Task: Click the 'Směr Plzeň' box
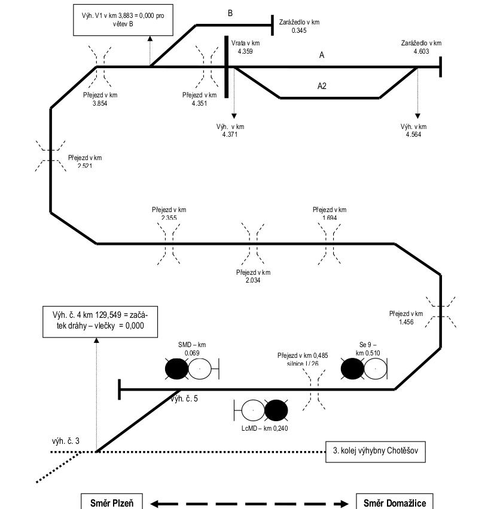click(x=112, y=502)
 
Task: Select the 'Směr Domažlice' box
click(x=395, y=502)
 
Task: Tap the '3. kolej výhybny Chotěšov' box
click(x=376, y=452)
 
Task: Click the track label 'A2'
click(x=322, y=86)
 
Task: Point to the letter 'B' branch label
click(x=230, y=13)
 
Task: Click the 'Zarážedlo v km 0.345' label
click(x=299, y=26)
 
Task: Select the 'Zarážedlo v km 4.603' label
click(x=421, y=47)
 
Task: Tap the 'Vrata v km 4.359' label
click(x=245, y=47)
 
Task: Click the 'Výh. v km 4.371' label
click(x=230, y=130)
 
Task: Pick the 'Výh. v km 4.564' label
click(x=414, y=130)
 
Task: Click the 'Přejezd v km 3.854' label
click(x=100, y=99)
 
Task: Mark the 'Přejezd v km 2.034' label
click(x=253, y=276)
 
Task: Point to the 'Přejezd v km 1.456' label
click(x=406, y=317)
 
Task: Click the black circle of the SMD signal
click(x=176, y=369)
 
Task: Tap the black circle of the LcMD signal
click(x=276, y=410)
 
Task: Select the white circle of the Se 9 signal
click(x=375, y=369)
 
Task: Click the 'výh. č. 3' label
click(x=65, y=441)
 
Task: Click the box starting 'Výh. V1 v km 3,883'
click(x=123, y=19)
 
